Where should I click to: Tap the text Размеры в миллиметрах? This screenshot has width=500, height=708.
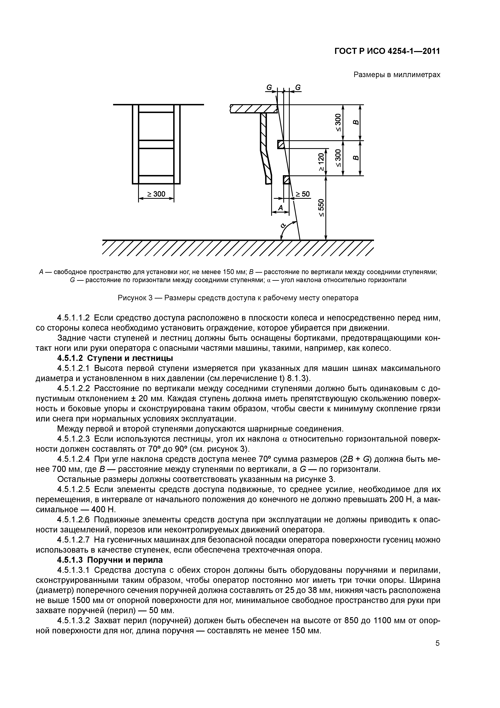point(397,75)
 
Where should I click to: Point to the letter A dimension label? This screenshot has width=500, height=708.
point(280,208)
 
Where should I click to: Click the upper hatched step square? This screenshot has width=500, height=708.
point(281,144)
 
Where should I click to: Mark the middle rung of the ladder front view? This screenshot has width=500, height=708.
point(156,144)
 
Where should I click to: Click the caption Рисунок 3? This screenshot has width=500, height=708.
point(238,298)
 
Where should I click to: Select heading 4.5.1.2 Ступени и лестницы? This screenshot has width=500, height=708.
point(115,358)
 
